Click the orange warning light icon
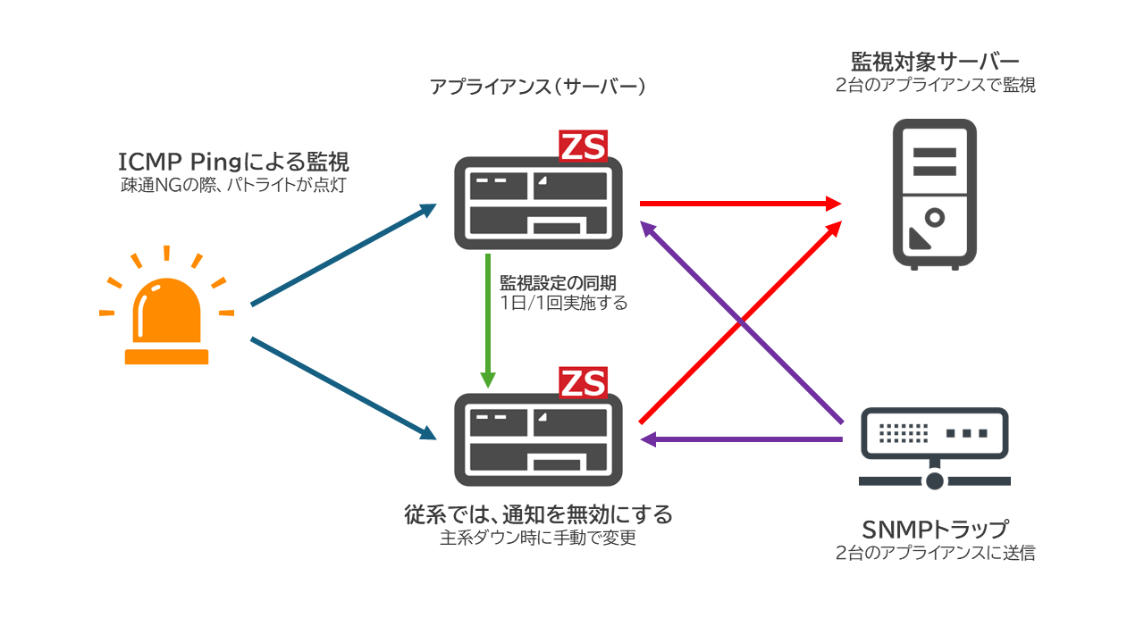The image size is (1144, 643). pyautogui.click(x=166, y=306)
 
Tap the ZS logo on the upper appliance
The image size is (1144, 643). pyautogui.click(x=583, y=146)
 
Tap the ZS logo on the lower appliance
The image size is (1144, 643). pyautogui.click(x=583, y=383)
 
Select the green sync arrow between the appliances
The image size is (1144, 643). pyautogui.click(x=488, y=321)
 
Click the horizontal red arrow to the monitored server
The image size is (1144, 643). pyautogui.click(x=741, y=204)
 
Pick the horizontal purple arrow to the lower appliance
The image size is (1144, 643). pyautogui.click(x=742, y=438)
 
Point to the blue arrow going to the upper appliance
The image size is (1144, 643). pyautogui.click(x=344, y=255)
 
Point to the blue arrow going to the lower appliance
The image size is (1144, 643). pyautogui.click(x=344, y=388)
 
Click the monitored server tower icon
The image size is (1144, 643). pyautogui.click(x=935, y=195)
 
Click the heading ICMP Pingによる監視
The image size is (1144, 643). pyautogui.click(x=233, y=163)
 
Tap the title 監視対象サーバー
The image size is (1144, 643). pyautogui.click(x=935, y=63)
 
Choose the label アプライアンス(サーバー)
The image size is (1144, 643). pyautogui.click(x=537, y=87)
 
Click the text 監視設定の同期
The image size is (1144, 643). pyautogui.click(x=558, y=283)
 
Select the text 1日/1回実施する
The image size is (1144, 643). pyautogui.click(x=563, y=303)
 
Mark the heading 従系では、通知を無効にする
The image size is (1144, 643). pyautogui.click(x=538, y=514)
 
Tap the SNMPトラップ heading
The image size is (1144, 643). pyautogui.click(x=935, y=530)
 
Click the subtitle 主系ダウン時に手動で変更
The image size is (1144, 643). pyautogui.click(x=538, y=538)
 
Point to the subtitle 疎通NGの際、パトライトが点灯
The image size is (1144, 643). pyautogui.click(x=233, y=185)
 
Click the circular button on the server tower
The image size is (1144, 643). pyautogui.click(x=935, y=218)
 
